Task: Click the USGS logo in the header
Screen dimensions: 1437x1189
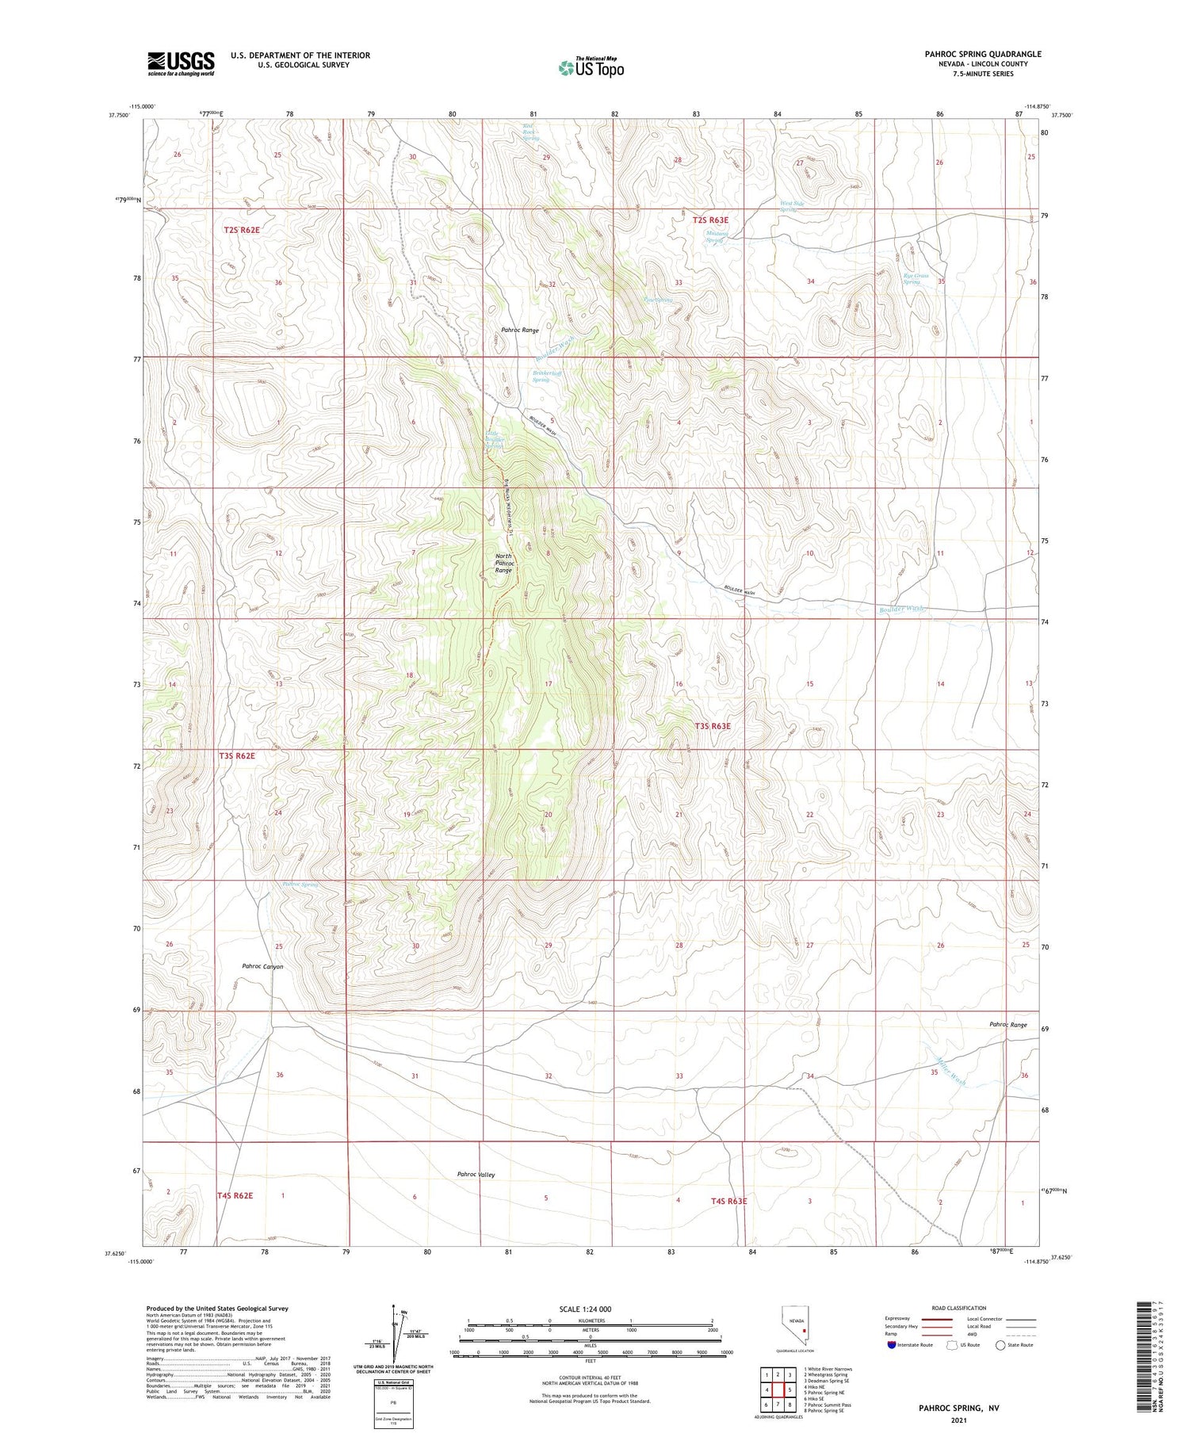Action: pos(181,63)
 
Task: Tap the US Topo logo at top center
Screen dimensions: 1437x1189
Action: pos(591,68)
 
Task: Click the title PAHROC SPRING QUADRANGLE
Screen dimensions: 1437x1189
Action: pos(982,54)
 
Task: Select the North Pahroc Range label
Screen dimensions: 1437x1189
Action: pos(503,563)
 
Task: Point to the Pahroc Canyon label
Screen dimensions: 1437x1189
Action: pos(262,966)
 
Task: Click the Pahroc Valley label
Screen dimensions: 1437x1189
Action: pos(476,1175)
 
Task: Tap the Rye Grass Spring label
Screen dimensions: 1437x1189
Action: pos(916,279)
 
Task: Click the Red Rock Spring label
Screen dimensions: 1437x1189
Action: pos(530,132)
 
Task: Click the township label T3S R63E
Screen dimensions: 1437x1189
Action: pos(713,726)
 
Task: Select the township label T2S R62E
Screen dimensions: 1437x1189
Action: pos(241,229)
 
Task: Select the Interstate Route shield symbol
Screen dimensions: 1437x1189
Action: pos(892,1345)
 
